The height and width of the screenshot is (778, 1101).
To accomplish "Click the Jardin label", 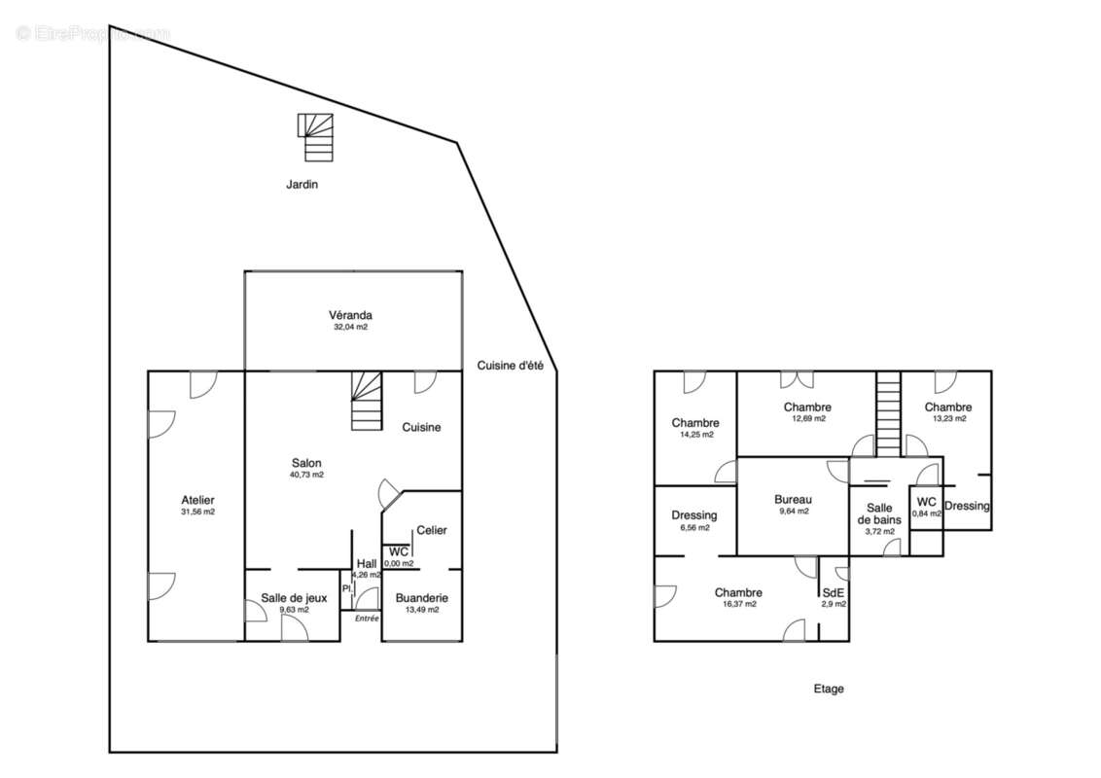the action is click(x=302, y=185).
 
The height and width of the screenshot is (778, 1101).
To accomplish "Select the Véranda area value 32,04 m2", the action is click(x=351, y=327).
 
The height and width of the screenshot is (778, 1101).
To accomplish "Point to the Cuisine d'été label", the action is click(x=511, y=366).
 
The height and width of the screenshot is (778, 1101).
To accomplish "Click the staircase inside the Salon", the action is click(x=368, y=401).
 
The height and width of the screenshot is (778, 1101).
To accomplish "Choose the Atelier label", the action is click(x=198, y=500).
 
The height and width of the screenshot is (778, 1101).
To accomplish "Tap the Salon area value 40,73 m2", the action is click(x=306, y=475).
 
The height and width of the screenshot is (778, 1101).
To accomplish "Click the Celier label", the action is click(x=432, y=530).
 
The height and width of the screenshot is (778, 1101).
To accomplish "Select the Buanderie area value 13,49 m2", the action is click(x=422, y=610).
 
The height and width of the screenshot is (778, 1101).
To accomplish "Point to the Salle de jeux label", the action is click(x=294, y=598).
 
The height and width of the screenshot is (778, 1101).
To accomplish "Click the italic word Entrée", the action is click(x=367, y=619).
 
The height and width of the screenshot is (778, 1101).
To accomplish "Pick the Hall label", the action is click(x=367, y=564).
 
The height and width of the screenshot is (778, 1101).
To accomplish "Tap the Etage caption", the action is click(x=829, y=689).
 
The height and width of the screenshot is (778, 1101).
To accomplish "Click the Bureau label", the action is click(x=794, y=500).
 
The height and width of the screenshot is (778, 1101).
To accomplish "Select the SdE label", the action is click(x=834, y=592).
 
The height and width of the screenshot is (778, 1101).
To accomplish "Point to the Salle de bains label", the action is click(x=880, y=514).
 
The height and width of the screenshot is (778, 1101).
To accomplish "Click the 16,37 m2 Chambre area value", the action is click(x=738, y=604).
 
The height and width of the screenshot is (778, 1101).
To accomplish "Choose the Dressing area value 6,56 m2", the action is click(x=694, y=528).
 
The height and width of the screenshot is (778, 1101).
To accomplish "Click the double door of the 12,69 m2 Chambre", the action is click(x=797, y=380).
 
